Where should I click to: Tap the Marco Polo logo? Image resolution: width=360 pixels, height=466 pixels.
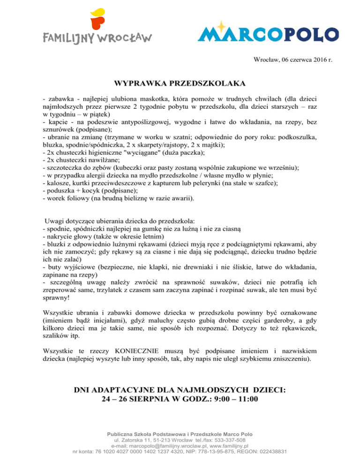click(269, 33)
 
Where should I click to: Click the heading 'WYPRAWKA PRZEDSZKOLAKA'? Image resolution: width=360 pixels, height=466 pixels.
click(180, 84)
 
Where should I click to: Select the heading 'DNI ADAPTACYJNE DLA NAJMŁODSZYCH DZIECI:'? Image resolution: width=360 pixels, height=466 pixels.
click(180, 390)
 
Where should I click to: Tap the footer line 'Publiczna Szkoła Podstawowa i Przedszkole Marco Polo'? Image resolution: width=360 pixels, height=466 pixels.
click(180, 435)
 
